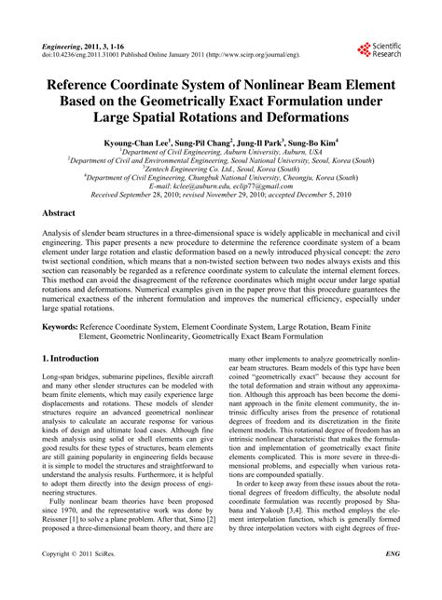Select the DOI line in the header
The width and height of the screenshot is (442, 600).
(159, 55)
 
